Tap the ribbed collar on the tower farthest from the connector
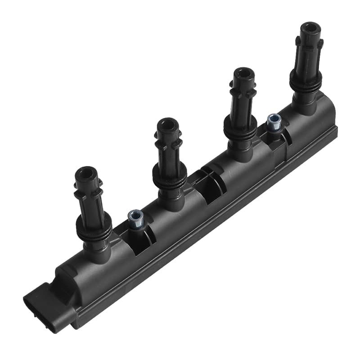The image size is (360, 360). (306, 81)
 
